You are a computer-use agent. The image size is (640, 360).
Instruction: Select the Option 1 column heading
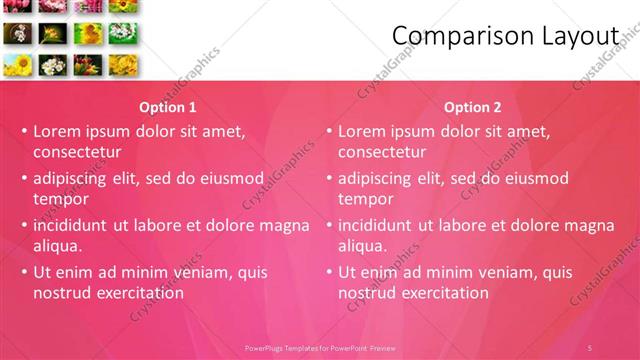(167, 107)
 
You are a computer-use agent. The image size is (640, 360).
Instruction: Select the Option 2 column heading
(472, 107)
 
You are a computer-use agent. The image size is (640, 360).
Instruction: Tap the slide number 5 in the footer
(590, 347)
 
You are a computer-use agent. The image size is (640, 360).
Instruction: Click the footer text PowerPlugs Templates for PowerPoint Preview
(320, 347)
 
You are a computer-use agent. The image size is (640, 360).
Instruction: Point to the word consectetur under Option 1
(77, 152)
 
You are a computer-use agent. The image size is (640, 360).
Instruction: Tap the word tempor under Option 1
(61, 199)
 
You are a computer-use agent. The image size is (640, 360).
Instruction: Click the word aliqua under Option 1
(58, 246)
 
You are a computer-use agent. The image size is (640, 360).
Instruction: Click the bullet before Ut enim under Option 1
(23, 272)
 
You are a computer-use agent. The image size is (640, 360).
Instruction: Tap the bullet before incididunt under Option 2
(328, 225)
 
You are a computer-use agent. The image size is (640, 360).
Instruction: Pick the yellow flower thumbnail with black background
(51, 34)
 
